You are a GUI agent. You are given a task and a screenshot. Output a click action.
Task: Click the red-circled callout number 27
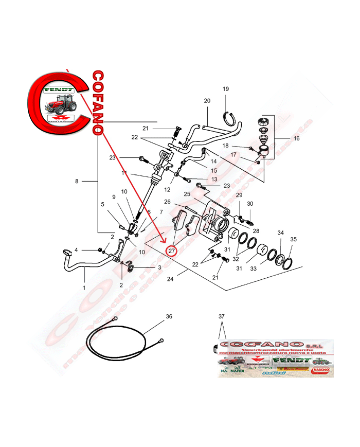click(172, 251)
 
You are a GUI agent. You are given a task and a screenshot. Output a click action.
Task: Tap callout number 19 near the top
click(225, 90)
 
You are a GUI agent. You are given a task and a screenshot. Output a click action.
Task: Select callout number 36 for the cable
click(169, 317)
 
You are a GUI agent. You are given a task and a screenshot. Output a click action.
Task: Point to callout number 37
click(222, 316)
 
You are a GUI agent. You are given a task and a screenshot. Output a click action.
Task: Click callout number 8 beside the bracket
click(77, 181)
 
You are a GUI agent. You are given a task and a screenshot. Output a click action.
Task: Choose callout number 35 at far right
click(294, 239)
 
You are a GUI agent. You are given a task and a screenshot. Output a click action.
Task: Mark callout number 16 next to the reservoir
click(296, 139)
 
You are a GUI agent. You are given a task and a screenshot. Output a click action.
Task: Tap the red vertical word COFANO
click(98, 103)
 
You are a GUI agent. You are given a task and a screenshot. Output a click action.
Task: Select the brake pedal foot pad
click(66, 252)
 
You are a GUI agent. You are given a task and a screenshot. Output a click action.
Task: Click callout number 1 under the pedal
click(84, 288)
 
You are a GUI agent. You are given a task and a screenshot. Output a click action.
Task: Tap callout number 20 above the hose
click(207, 101)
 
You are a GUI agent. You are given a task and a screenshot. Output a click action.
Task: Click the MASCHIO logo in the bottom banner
click(321, 369)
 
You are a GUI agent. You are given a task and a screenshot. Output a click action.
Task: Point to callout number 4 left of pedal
click(76, 250)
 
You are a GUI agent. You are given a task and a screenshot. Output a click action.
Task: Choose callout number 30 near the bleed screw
click(250, 204)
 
